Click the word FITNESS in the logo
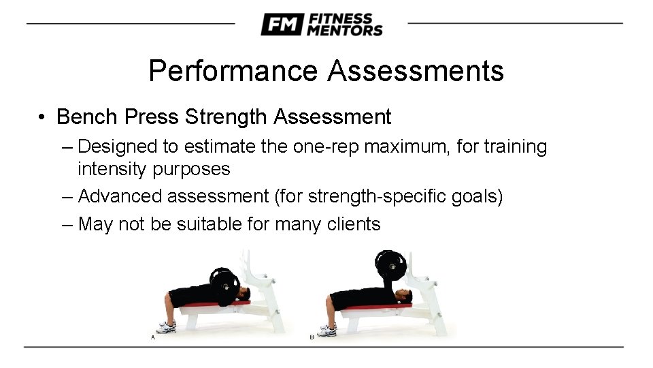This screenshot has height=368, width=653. coord(340,18)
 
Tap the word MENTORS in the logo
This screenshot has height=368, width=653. coord(345,30)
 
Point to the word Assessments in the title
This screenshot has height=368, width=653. coord(415,71)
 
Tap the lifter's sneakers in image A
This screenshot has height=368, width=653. coord(166,328)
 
